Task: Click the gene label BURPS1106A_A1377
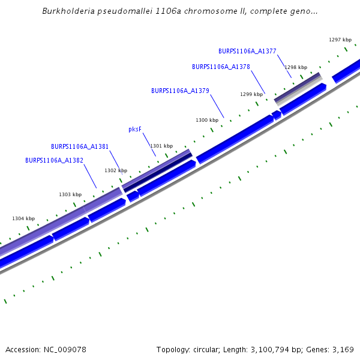click(x=247, y=51)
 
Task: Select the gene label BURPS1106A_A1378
click(x=221, y=67)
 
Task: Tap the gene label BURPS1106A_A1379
click(x=180, y=91)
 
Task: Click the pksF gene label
click(x=136, y=129)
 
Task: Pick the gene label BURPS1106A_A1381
click(x=80, y=146)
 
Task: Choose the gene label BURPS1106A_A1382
click(x=54, y=160)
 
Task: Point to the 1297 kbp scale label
click(x=340, y=40)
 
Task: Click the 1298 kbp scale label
click(x=296, y=67)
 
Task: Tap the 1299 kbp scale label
click(x=251, y=94)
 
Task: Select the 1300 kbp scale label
click(x=207, y=120)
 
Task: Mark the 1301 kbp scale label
click(x=161, y=146)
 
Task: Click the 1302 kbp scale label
click(x=116, y=170)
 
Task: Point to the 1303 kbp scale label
click(x=70, y=194)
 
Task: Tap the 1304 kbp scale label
click(x=23, y=218)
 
